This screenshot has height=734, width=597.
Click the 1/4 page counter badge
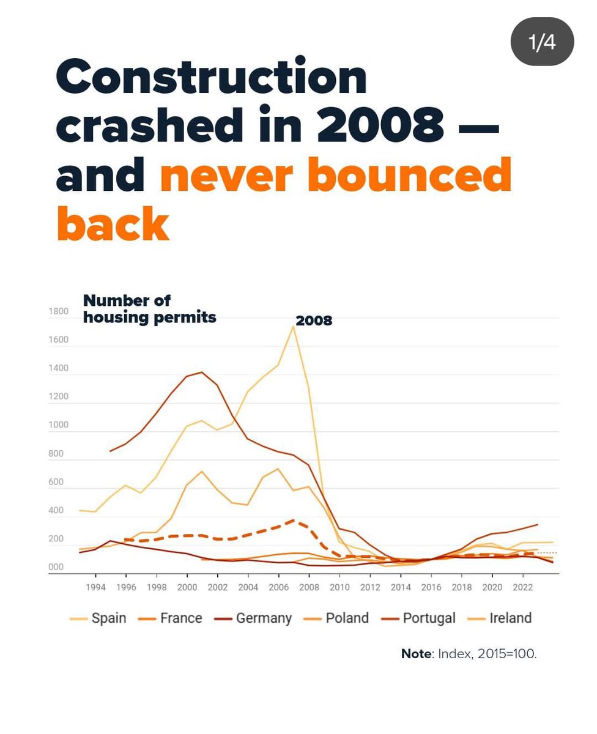[542, 42]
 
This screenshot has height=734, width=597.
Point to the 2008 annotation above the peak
[314, 320]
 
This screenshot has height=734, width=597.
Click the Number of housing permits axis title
[149, 309]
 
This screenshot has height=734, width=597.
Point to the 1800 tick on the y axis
[58, 311]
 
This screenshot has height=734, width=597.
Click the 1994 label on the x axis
[95, 587]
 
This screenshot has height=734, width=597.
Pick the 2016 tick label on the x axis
[431, 587]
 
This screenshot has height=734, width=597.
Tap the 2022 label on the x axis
[522, 587]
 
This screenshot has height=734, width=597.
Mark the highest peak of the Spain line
[294, 327]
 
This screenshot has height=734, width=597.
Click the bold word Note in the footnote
[416, 653]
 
